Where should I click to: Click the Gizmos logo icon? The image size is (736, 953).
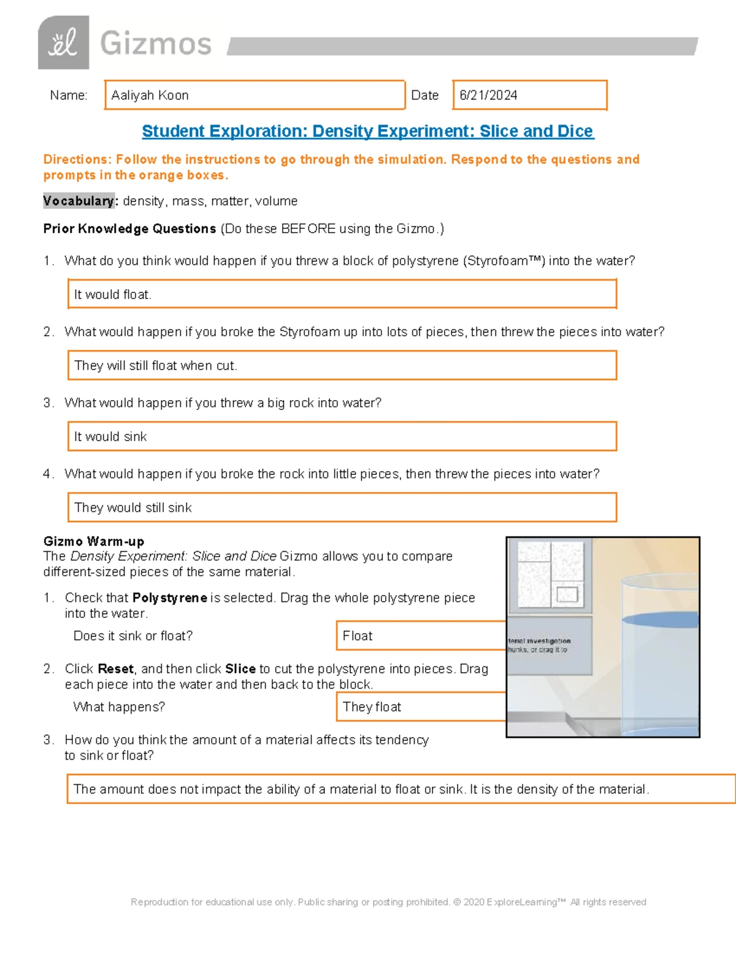click(x=63, y=43)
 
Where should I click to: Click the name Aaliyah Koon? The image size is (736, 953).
click(x=150, y=95)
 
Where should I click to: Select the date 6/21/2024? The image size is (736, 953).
click(x=488, y=95)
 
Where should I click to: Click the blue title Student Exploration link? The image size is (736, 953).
click(x=367, y=131)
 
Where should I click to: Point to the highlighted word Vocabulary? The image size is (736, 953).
click(x=79, y=201)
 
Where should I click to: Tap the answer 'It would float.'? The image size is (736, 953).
click(x=113, y=295)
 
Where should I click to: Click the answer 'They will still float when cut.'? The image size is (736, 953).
click(x=155, y=366)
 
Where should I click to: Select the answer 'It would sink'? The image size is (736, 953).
click(x=110, y=436)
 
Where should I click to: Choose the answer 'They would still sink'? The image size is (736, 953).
click(x=133, y=507)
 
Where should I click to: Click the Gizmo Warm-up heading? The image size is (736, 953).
click(x=94, y=541)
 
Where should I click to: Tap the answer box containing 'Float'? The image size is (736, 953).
click(x=420, y=636)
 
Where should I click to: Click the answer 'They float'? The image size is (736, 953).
click(x=372, y=707)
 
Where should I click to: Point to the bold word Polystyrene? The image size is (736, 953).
click(x=169, y=598)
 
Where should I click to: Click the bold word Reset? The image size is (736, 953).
click(x=115, y=669)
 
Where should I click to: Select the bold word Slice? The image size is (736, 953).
click(x=240, y=669)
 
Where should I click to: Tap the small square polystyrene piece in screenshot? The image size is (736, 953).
click(x=567, y=594)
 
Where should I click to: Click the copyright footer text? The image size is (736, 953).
click(x=388, y=902)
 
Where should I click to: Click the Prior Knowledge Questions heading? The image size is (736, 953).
click(x=129, y=229)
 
